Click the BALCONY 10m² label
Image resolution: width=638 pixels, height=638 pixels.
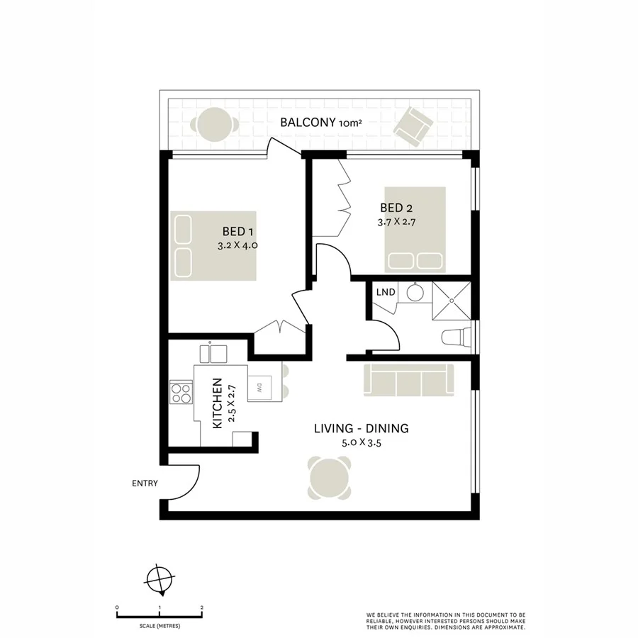320,123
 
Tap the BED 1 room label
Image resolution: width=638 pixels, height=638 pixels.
237,231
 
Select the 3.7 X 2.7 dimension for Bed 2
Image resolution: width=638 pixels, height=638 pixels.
396,221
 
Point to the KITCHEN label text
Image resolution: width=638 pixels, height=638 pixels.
218,403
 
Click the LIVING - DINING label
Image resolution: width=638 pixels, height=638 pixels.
361,428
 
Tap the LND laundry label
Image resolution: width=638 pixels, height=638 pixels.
385,292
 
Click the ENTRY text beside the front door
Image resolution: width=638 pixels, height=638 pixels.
145,483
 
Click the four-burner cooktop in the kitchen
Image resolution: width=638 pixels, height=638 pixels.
181,392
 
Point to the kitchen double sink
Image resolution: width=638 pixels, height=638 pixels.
214,353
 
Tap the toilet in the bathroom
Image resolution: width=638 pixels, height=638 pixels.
456,337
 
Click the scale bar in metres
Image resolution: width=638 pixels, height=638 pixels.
160,612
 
